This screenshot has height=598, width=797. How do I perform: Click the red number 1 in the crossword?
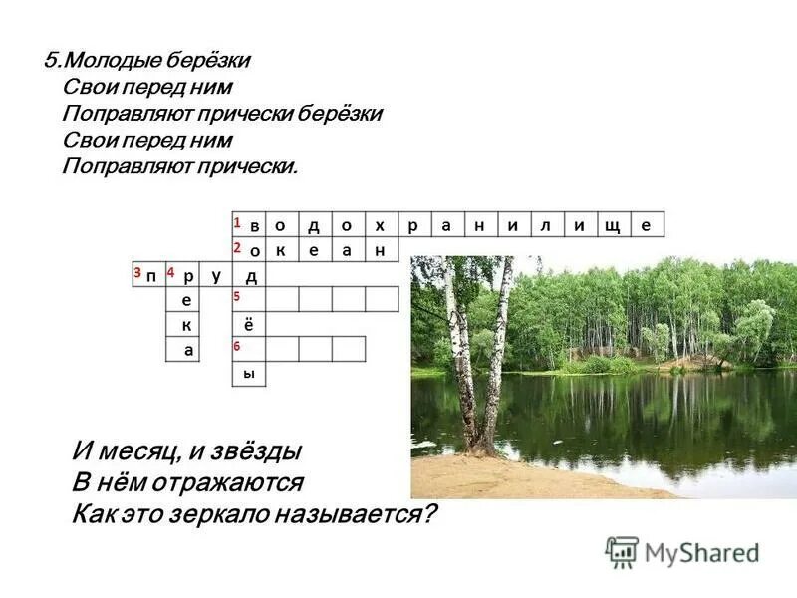pos(237,221)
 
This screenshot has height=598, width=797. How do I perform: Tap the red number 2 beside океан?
pos(237,246)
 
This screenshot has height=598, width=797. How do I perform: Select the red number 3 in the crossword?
pos(136,272)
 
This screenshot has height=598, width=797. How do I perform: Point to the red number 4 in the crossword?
pos(171,272)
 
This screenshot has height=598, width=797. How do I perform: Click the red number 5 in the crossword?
pos(237,296)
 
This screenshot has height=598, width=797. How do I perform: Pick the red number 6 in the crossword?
pos(237,345)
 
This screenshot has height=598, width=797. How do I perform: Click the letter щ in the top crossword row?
pos(611,226)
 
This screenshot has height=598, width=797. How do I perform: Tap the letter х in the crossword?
pos(379,226)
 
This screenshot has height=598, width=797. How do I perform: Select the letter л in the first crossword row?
pos(545,226)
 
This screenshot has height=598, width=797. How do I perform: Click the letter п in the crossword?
pos(150,276)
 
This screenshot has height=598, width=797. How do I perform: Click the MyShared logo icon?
pos(622,551)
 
